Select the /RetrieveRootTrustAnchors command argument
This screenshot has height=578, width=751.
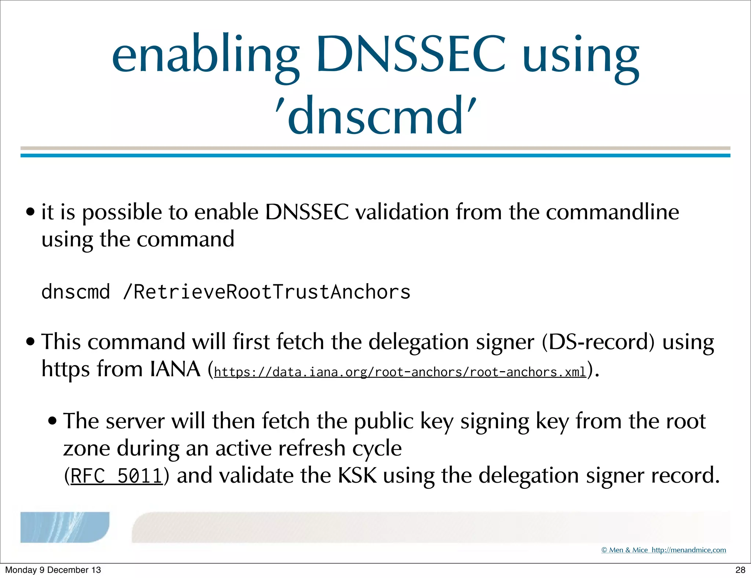tap(267, 292)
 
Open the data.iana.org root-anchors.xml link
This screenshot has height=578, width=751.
tap(400, 372)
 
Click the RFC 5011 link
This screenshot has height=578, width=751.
tap(116, 476)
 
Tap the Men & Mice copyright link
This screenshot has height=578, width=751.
tap(663, 550)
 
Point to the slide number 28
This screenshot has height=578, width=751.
tap(740, 570)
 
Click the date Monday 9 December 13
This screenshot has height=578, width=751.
tap(53, 570)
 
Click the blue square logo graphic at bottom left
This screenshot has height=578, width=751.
tap(65, 527)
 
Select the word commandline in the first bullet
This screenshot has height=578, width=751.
tap(612, 212)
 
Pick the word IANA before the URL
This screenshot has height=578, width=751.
tap(175, 369)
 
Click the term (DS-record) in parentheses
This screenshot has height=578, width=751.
tap(598, 342)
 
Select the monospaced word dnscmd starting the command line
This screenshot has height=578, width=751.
tap(76, 292)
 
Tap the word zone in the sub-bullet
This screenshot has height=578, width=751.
tap(87, 448)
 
